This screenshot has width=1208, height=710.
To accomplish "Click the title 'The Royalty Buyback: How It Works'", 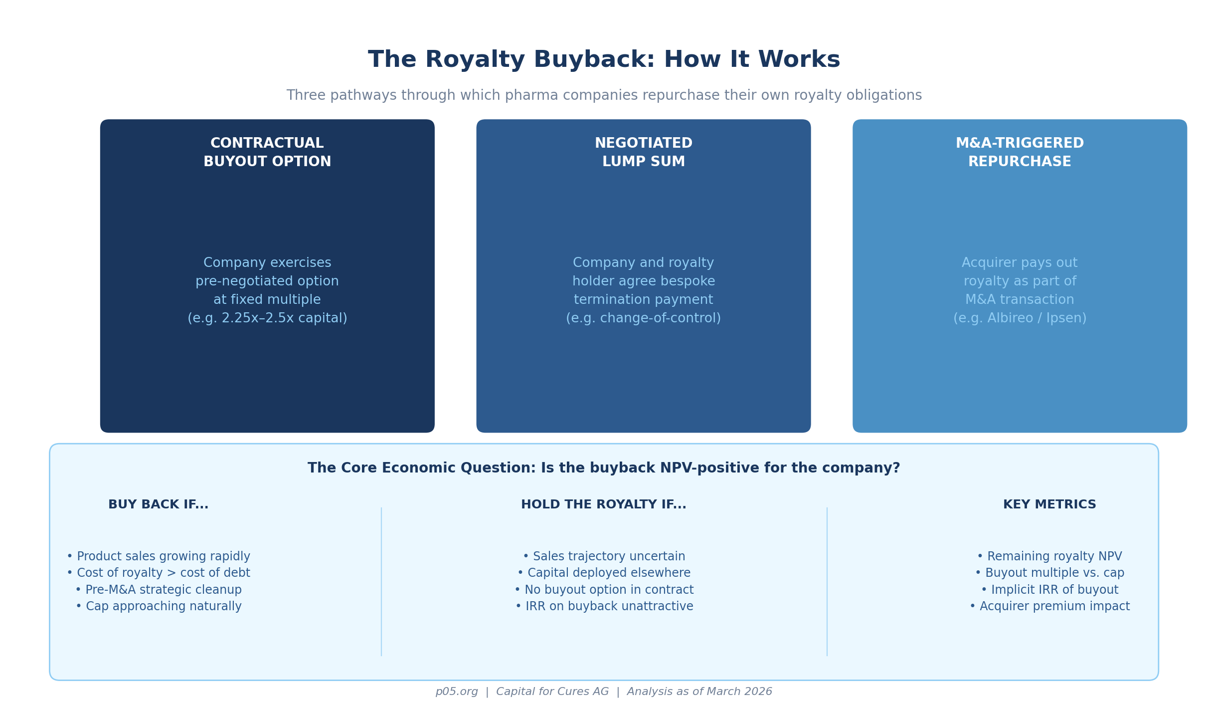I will coord(604,60).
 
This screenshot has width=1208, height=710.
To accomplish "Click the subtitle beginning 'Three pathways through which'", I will coord(604,95).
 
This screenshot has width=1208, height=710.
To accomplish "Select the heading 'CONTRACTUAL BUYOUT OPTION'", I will coord(267,153).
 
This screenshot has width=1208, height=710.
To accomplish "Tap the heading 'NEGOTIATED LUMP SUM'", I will coord(643,153).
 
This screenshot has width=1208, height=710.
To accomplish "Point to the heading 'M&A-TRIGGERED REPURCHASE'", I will coord(1020,153).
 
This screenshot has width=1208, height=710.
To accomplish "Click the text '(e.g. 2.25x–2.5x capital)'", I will coord(267,318).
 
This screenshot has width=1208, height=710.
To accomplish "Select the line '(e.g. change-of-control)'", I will coord(643,318).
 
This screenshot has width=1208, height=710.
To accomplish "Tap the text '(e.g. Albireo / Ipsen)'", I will coord(1020,318).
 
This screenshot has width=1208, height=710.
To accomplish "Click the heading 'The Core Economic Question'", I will coord(604,468).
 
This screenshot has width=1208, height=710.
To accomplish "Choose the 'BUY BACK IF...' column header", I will coord(159,504).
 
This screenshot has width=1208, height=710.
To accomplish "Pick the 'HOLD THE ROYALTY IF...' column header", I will coord(604,504).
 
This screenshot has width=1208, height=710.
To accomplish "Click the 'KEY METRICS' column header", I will coord(1049,504).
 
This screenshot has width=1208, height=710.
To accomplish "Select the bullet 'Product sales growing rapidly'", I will coord(159,556).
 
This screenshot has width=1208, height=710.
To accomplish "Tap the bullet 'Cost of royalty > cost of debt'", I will coord(159,573).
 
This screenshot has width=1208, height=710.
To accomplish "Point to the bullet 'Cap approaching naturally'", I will coord(159,606).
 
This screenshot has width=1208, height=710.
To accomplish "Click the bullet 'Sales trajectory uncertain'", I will coord(604,556).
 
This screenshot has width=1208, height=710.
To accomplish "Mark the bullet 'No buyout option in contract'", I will coord(604,590).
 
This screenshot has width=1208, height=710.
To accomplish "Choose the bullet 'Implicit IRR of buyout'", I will coord(1049,590).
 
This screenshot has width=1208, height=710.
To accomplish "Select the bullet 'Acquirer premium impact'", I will coord(1049,606).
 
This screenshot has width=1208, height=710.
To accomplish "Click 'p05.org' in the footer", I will coord(457,692).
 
